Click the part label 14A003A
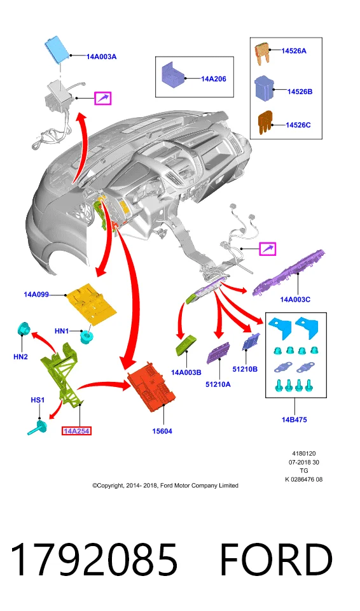click(101, 57)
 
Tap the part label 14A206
click(214, 79)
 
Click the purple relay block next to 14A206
click(172, 74)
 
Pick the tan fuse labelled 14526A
click(263, 53)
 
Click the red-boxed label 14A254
click(77, 431)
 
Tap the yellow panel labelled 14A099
click(91, 302)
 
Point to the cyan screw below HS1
click(38, 428)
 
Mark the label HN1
click(62, 331)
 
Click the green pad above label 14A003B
click(187, 344)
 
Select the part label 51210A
click(218, 384)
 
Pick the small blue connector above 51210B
click(250, 342)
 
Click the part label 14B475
click(294, 419)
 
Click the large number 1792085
click(93, 560)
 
